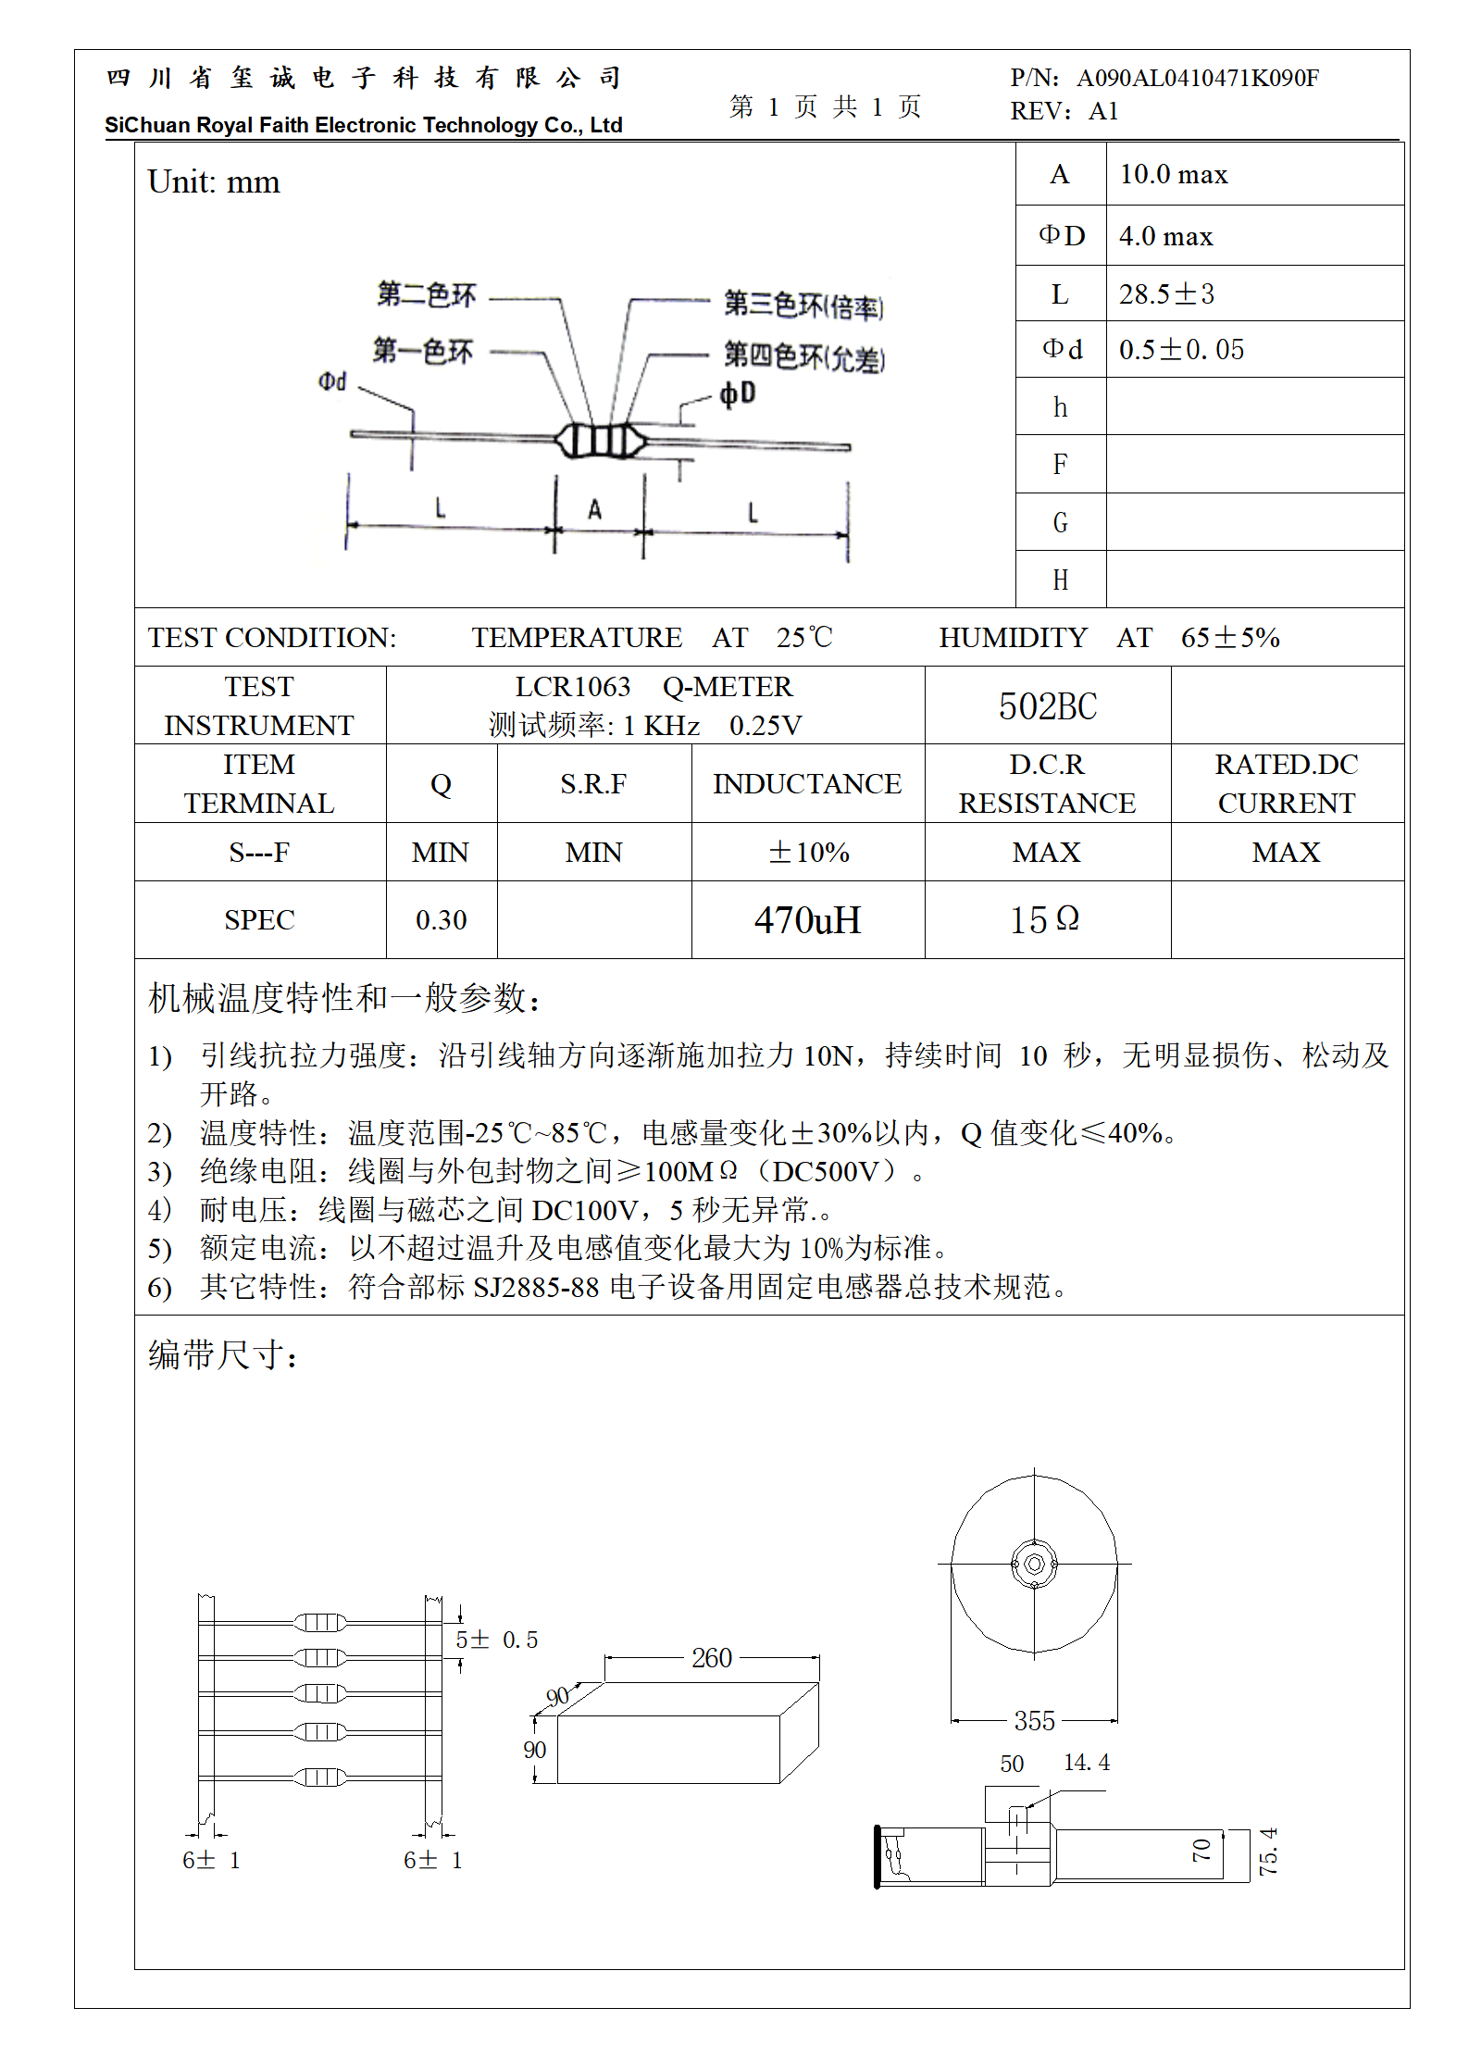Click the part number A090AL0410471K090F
pos(1197,78)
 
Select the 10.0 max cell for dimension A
pos(1173,174)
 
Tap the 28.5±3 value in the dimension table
pos(1165,294)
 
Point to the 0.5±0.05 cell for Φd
pos(1180,350)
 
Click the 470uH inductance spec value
pos(807,920)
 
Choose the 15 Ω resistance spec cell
pos(1045,919)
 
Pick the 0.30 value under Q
pos(441,920)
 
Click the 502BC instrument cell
pos(1047,706)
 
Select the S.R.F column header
pos(593,784)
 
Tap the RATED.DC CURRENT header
pos(1287,784)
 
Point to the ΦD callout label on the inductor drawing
pos(738,393)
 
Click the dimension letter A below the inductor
pos(594,509)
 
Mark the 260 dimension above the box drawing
pos(711,1658)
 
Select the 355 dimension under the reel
pos(1034,1721)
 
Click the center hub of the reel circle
pos(1034,1564)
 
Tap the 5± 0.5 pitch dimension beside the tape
pos(496,1640)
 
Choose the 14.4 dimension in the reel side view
pos(1086,1763)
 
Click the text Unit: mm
pos(214,182)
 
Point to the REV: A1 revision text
pos(1064,112)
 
